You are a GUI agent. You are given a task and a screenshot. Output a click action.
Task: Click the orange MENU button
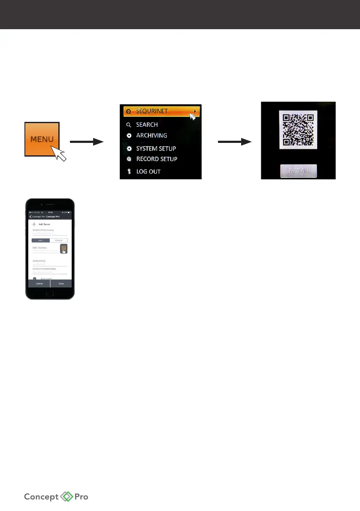[42, 139]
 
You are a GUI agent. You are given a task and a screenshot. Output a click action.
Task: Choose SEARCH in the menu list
[147, 124]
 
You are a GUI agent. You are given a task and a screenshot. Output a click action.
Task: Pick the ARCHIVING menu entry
[151, 135]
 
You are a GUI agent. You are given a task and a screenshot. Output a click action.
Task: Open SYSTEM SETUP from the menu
[156, 148]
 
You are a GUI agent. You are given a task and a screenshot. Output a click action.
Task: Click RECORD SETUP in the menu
[157, 159]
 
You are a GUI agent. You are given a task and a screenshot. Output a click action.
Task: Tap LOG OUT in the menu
[148, 172]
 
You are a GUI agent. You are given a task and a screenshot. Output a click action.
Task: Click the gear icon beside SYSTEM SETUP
[129, 148]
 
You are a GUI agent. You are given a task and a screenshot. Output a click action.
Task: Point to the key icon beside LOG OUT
[129, 172]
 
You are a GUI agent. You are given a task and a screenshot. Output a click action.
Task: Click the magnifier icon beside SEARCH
[129, 125]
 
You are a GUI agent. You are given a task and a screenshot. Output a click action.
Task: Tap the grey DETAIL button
[298, 171]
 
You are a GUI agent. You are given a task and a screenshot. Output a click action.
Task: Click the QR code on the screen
[298, 130]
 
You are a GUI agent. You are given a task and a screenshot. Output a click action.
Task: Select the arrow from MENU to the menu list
[87, 141]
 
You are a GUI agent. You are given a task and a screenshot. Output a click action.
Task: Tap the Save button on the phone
[61, 284]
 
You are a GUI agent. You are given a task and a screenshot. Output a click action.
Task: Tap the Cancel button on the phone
[39, 284]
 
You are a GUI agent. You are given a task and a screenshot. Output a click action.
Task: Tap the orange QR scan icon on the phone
[64, 249]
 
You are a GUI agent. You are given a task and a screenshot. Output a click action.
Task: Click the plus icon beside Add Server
[34, 224]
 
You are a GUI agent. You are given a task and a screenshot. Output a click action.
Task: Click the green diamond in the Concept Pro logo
[67, 497]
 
